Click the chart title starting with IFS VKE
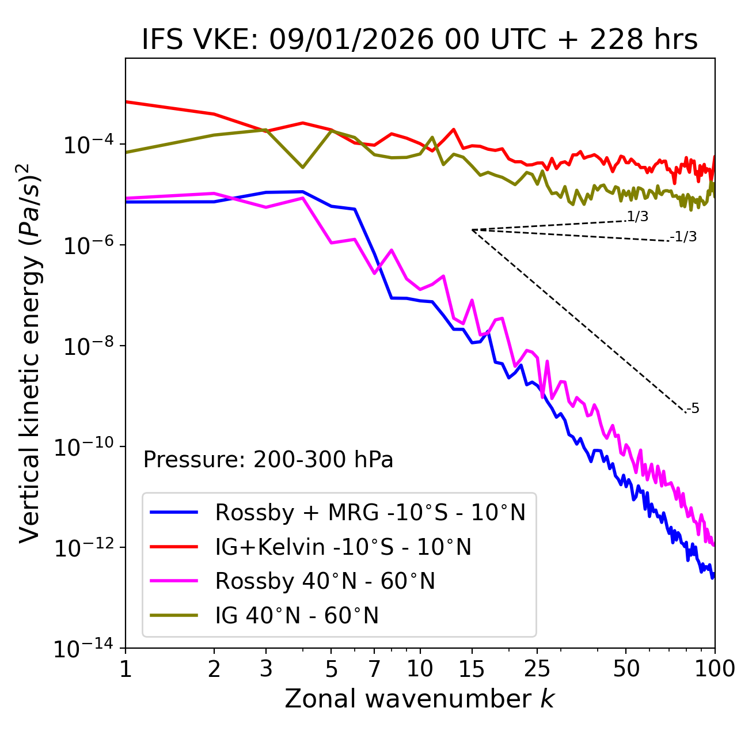click(420, 40)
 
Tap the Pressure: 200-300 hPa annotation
click(268, 460)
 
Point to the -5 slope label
click(693, 409)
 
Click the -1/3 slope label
click(684, 236)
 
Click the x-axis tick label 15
click(472, 669)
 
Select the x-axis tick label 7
click(374, 669)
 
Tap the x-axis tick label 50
click(626, 669)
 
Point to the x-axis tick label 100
click(714, 669)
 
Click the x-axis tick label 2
click(214, 669)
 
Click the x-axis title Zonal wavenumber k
click(420, 699)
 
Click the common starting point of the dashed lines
click(472, 230)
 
